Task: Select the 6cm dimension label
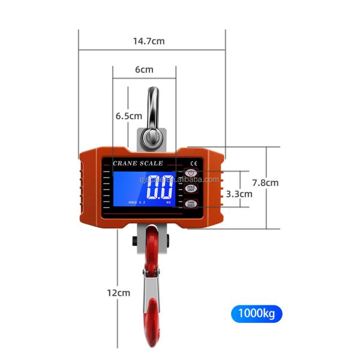pos(144,70)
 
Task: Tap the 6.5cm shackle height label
pos(129,116)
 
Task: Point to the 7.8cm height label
pos(265,182)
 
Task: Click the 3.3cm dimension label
pos(239,194)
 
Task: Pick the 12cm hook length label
pos(119,293)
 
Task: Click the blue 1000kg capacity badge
pos(256,313)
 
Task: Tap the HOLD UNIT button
pos(191,188)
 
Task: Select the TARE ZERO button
pos(191,204)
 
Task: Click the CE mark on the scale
pos(193,163)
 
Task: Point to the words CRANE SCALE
pos(138,163)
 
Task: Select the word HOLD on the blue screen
pos(133,203)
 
